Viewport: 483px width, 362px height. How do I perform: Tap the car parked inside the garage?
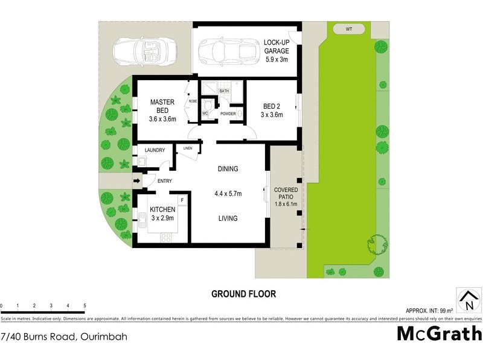224,49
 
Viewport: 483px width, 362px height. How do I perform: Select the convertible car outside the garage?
142,51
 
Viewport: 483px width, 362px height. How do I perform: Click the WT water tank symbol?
349,28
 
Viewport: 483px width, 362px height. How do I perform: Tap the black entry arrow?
136,180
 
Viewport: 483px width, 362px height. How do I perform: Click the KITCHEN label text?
162,209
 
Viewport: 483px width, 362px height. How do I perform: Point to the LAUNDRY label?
155,150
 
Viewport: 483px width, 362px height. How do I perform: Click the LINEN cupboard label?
188,148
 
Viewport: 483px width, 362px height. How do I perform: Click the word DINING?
228,169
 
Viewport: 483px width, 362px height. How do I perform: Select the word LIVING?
228,218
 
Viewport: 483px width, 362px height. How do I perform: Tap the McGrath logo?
439,334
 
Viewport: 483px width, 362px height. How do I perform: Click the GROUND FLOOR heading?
243,294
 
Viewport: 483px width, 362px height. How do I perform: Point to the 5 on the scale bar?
85,306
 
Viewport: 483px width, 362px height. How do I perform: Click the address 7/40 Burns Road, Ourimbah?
63,336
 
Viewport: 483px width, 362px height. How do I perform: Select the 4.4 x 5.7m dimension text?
228,194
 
